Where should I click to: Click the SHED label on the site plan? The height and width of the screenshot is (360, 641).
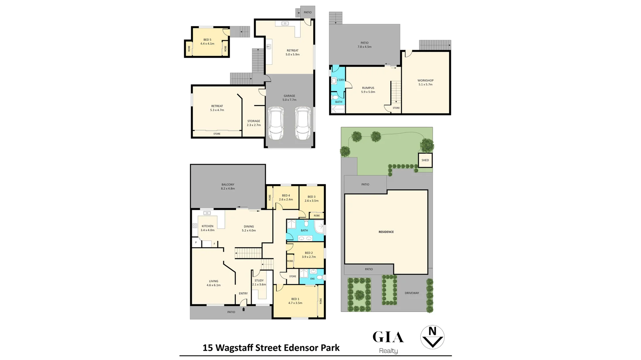coord(425,160)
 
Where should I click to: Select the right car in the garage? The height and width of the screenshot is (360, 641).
coord(302,123)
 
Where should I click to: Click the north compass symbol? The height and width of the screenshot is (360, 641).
coord(432,337)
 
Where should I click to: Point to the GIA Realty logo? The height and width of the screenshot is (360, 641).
coord(388,342)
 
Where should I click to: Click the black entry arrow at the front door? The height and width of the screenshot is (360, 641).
coord(243,309)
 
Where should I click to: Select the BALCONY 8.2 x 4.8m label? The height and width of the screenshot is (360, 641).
coord(228,187)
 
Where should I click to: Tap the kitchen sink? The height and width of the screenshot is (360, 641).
coord(207,213)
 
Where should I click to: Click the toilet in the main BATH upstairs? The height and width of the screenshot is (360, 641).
coord(306,224)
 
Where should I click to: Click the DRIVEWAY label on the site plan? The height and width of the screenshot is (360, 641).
coord(412,293)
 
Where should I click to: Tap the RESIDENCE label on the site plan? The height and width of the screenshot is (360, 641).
coord(386,232)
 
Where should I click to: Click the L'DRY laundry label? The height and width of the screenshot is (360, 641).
coord(341,80)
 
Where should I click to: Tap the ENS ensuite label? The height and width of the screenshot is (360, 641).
coord(312,279)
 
